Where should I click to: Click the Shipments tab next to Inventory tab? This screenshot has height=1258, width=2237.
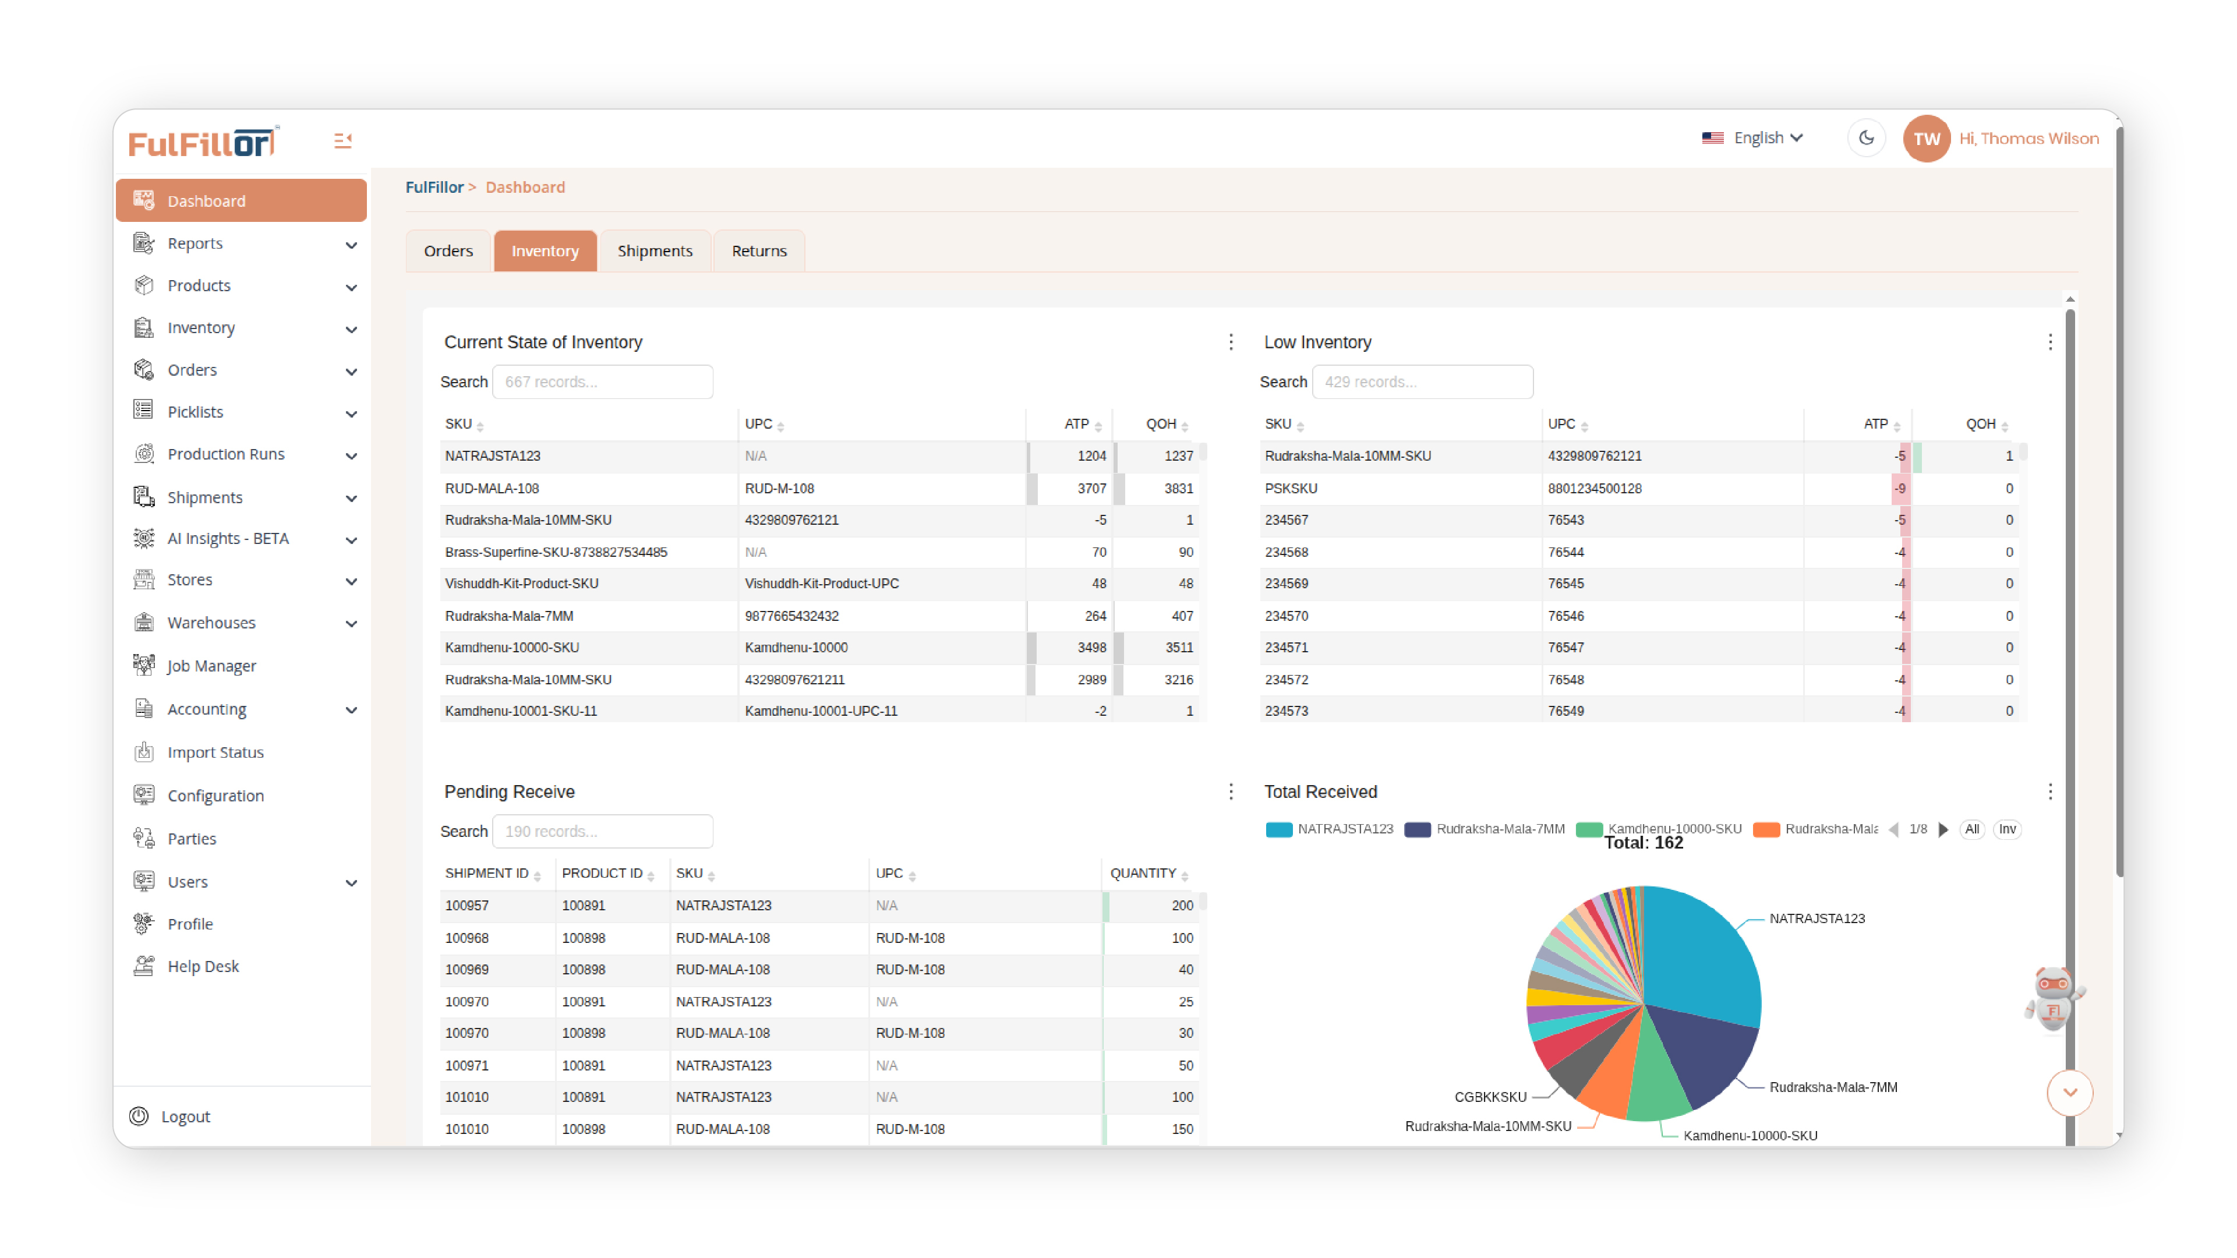(x=655, y=251)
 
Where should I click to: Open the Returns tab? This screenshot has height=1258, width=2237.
(x=758, y=251)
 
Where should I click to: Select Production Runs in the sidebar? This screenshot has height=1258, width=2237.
(x=226, y=454)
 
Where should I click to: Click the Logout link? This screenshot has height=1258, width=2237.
(x=185, y=1116)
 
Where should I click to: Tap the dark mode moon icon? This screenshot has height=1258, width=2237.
(x=1865, y=138)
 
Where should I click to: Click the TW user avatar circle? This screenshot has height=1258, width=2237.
(x=1925, y=139)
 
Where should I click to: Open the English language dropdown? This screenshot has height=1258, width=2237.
(x=1754, y=138)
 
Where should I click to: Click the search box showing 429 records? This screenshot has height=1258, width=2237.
(x=1422, y=382)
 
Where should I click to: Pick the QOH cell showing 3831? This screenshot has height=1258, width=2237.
(x=1178, y=488)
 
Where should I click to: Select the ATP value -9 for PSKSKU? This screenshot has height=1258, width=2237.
(x=1899, y=488)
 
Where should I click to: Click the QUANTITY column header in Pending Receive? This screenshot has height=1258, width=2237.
(x=1142, y=874)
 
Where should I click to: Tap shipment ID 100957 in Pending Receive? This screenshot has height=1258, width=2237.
(x=467, y=906)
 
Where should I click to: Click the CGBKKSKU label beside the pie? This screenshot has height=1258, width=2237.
(x=1489, y=1097)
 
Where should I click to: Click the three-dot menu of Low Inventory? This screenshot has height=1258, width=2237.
(x=2049, y=342)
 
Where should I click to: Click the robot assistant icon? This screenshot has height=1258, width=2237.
(x=2053, y=998)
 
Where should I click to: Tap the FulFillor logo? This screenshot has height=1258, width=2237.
(x=202, y=142)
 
